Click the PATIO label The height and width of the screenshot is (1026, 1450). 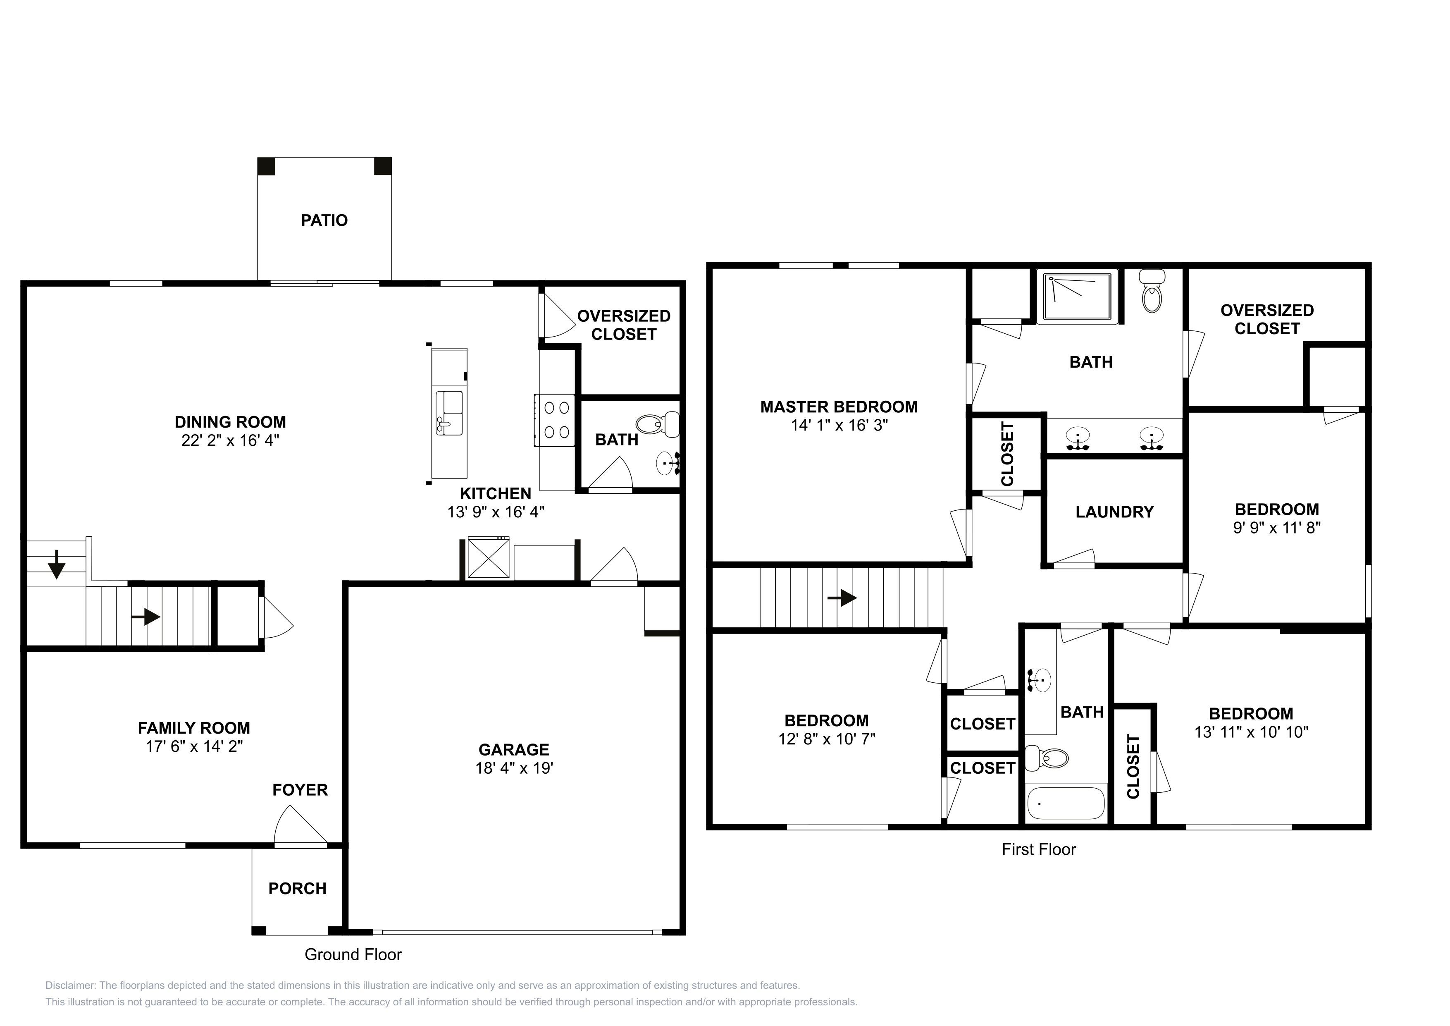(324, 220)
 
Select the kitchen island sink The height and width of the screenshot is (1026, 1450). (449, 413)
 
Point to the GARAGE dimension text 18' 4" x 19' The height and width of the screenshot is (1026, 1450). (514, 768)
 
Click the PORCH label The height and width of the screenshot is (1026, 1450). (298, 889)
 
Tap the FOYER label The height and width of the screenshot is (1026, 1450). (300, 790)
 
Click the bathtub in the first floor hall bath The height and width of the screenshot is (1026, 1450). (1066, 804)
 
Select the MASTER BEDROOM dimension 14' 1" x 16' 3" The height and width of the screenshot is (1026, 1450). (839, 425)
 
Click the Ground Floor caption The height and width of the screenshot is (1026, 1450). (353, 954)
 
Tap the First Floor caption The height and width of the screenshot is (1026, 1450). (1039, 850)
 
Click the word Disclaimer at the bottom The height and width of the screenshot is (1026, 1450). (70, 985)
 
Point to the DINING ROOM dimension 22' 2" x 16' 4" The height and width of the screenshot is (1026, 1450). (231, 440)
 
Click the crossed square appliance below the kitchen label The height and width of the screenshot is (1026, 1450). (488, 557)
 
